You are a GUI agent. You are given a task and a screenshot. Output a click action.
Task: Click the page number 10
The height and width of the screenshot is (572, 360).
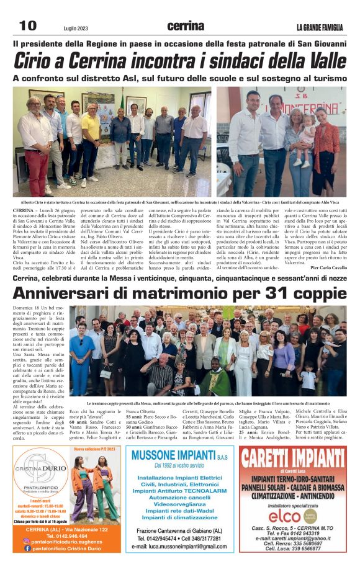tap(27, 25)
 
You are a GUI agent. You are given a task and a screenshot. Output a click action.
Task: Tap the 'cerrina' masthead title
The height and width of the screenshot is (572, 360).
tap(186, 26)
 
